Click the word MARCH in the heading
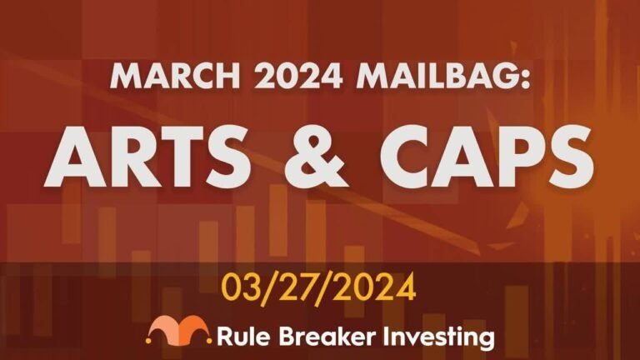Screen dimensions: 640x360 pyautogui.click(x=175, y=77)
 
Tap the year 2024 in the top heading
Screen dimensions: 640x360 pyautogui.click(x=297, y=77)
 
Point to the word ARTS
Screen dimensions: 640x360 pyautogui.click(x=147, y=157)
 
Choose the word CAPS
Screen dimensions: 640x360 pyautogui.click(x=487, y=157)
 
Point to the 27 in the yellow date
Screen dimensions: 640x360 pyautogui.click(x=296, y=287)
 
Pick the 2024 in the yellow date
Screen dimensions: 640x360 pyautogui.click(x=373, y=287)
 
